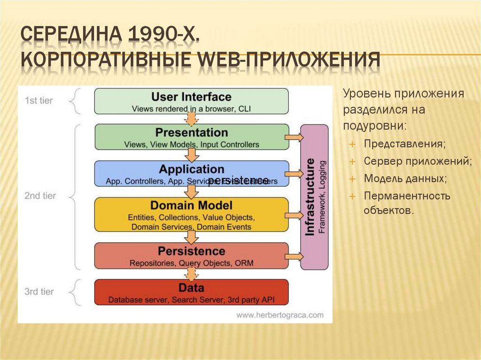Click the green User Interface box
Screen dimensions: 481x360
coord(191,101)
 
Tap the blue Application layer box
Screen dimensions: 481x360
coord(191,173)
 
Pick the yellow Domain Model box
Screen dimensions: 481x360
coord(191,214)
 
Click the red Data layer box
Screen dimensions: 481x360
coord(191,292)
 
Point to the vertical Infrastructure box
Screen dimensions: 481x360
coord(314,197)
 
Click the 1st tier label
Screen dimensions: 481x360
coord(39,100)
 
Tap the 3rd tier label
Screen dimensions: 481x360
coord(39,291)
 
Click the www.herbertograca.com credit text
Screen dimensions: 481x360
coord(280,315)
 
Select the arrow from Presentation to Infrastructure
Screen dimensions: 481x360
coord(294,137)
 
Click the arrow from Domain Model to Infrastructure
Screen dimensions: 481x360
coord(294,215)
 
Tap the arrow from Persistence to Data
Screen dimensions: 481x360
coord(191,274)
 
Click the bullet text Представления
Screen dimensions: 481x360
coord(404,144)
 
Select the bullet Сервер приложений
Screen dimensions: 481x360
coord(417,161)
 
